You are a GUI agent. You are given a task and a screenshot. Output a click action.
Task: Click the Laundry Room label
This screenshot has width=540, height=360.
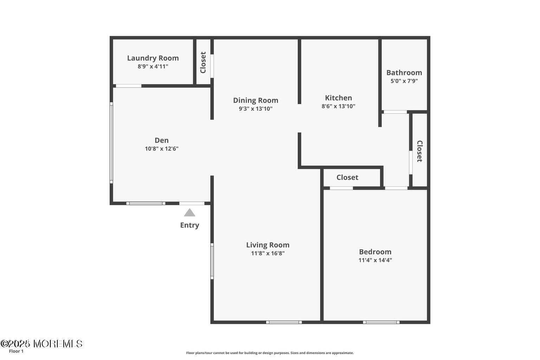tap(153, 58)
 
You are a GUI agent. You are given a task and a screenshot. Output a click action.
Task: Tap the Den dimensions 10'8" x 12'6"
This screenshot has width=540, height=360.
tap(162, 149)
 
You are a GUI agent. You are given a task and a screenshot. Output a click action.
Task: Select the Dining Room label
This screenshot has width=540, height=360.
tap(256, 100)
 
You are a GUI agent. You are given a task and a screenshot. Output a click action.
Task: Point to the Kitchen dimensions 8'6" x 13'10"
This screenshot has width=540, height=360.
tap(338, 106)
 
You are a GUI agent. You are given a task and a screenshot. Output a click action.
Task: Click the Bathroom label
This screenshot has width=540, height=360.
tap(404, 72)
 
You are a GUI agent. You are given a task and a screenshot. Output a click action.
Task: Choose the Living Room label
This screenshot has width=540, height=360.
tap(268, 245)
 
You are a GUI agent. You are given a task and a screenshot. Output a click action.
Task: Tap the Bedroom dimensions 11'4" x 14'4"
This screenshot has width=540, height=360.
tap(375, 260)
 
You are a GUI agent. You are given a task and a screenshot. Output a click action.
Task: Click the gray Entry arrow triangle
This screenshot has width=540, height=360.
tap(189, 212)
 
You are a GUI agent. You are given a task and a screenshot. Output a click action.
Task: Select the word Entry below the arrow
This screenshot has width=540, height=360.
tap(189, 225)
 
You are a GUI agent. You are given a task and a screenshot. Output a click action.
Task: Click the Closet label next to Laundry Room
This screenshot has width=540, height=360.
tap(203, 63)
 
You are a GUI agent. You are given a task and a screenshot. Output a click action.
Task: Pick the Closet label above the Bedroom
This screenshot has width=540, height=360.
tap(347, 177)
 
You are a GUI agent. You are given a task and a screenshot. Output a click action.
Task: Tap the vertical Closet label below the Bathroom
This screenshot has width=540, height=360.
tap(419, 151)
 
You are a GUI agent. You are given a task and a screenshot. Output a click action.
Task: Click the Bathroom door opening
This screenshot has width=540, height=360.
tap(395, 112)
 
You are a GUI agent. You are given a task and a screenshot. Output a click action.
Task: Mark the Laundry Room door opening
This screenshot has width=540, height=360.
tap(129, 86)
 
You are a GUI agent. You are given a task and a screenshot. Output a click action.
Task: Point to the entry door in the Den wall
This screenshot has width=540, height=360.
tap(192, 203)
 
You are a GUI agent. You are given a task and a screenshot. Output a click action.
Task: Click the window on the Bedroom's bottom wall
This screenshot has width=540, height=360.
tap(381, 322)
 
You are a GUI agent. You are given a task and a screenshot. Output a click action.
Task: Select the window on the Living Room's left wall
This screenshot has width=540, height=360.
tap(212, 261)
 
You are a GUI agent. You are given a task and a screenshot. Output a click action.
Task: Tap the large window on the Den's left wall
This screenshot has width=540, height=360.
tap(111, 143)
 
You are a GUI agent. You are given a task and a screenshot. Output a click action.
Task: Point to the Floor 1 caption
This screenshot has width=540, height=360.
tap(16, 351)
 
